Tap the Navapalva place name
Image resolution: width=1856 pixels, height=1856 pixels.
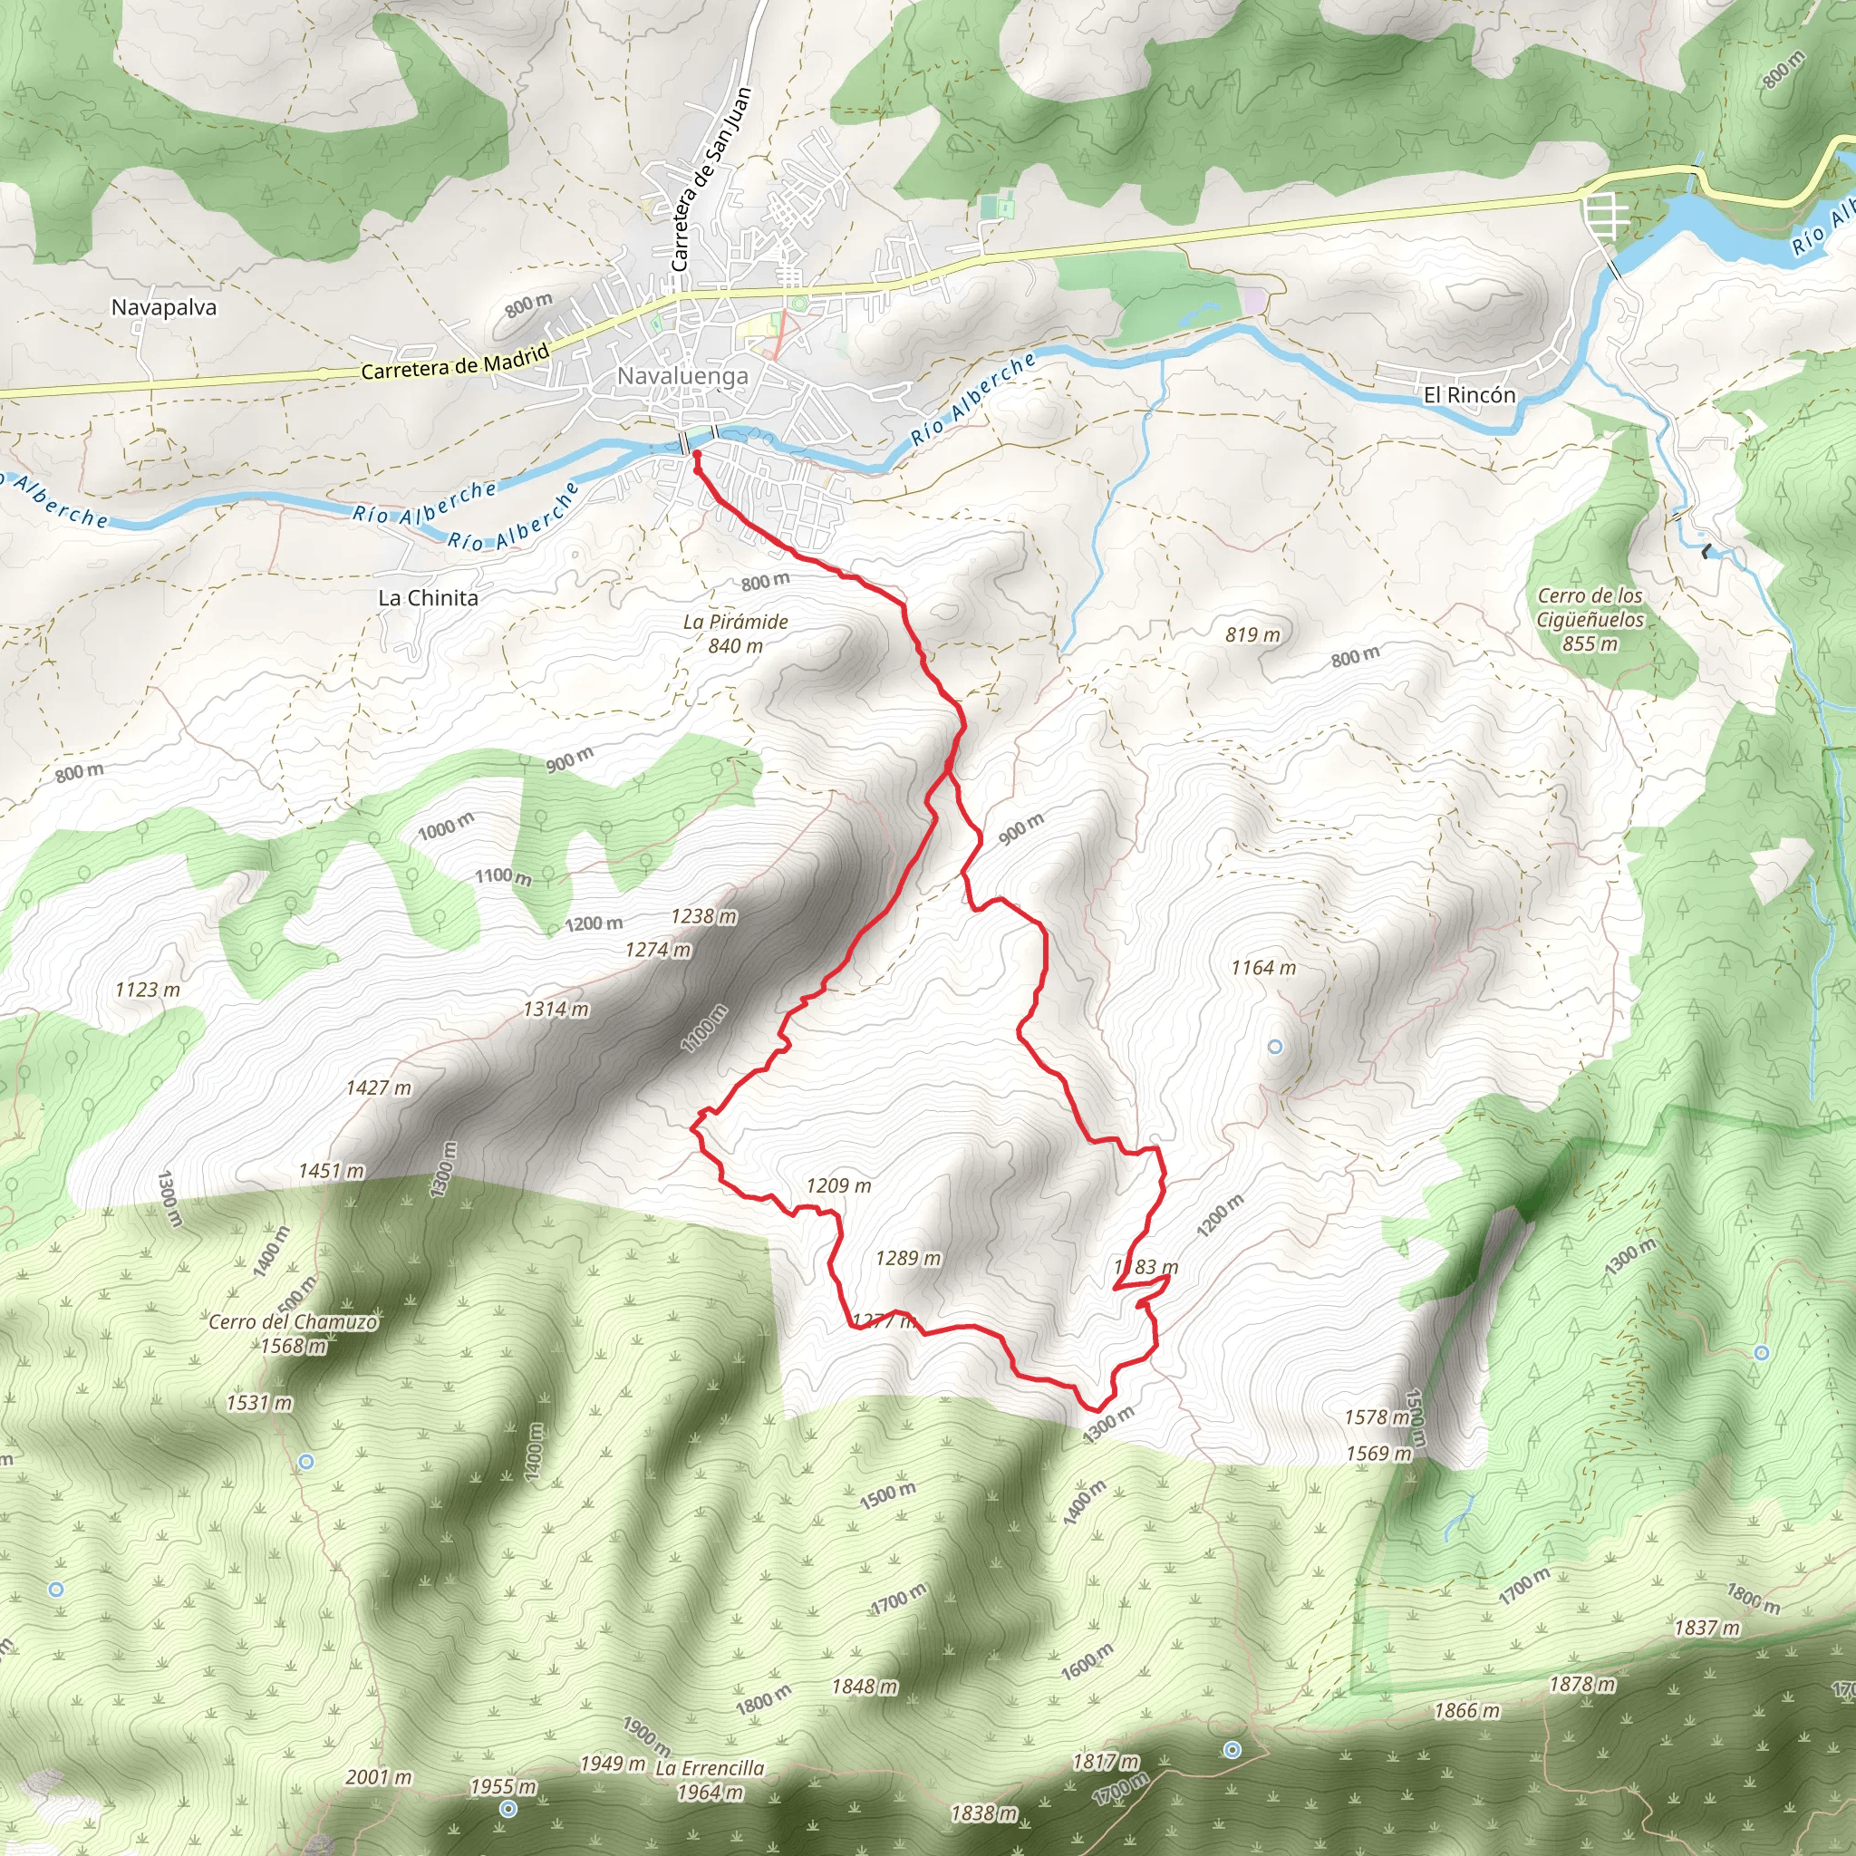[x=164, y=307]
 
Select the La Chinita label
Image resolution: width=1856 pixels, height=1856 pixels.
[x=429, y=597]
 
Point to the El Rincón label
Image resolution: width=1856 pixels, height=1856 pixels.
[x=1469, y=395]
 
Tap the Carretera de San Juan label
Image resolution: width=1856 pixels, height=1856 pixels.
[x=710, y=179]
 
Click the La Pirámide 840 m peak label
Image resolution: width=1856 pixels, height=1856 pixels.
[x=736, y=634]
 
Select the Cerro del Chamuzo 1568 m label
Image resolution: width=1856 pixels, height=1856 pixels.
[x=294, y=1333]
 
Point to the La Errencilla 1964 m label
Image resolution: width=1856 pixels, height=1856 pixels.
[x=710, y=1780]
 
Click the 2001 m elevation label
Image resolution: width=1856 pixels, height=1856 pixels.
[x=379, y=1777]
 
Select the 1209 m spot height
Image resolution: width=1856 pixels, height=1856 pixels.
[x=838, y=1185]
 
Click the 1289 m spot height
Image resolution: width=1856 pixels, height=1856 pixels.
[x=908, y=1258]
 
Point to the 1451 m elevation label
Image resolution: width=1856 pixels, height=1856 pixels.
[x=332, y=1170]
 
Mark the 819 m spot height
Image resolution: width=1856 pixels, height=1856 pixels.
[x=1252, y=635]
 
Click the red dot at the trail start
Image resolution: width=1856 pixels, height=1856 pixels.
[x=694, y=453]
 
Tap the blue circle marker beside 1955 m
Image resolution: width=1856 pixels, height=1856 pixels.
[x=508, y=1809]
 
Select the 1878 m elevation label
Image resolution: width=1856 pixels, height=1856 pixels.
[x=1582, y=1684]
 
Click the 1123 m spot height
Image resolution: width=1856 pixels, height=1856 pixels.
[x=147, y=990]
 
